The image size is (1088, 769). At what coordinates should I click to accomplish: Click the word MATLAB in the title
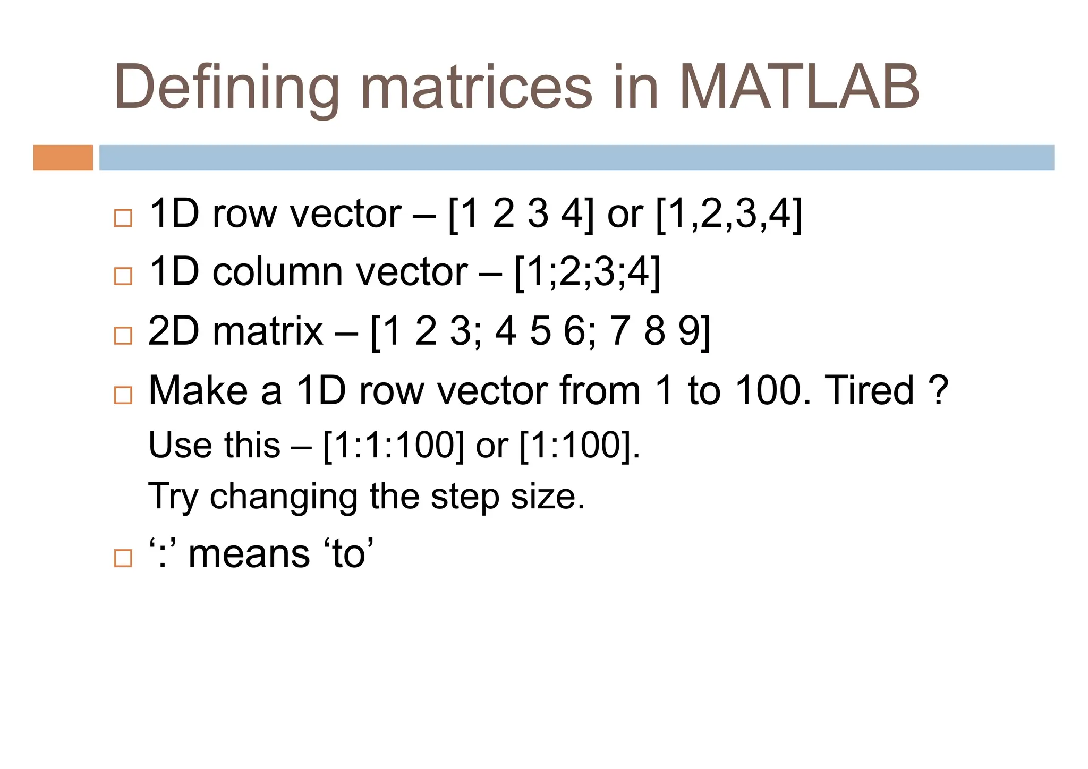pos(799,87)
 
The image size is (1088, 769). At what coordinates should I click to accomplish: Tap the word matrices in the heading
pos(477,87)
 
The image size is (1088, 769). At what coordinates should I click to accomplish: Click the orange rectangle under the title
pos(63,158)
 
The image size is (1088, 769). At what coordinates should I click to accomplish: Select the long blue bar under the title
pos(576,158)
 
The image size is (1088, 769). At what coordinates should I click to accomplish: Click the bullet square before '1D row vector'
pos(123,218)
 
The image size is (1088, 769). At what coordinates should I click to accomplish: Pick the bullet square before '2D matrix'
pos(123,336)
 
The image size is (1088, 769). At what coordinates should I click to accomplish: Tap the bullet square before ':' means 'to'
pos(123,558)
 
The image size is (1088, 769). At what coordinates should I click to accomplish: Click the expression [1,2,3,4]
pos(729,214)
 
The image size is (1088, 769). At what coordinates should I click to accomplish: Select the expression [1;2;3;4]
pos(588,272)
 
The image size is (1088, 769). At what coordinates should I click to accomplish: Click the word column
pos(277,272)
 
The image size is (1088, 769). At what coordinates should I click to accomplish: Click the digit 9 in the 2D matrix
pos(689,331)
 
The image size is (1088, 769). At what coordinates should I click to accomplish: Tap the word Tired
pos(869,391)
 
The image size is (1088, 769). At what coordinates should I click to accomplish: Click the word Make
pos(198,391)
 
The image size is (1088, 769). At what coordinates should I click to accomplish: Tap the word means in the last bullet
pos(249,554)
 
